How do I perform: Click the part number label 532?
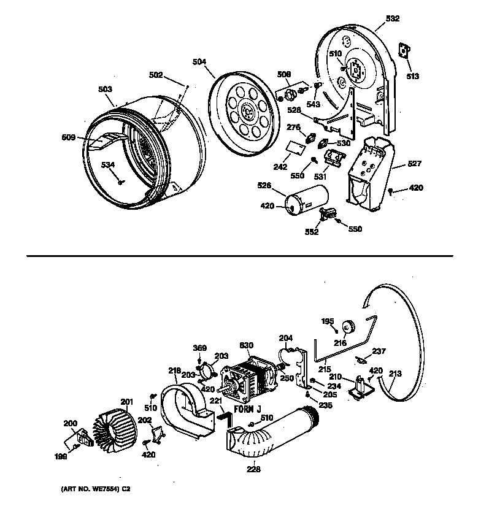click(393, 19)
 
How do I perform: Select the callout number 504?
click(216, 62)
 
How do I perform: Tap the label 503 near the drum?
click(106, 90)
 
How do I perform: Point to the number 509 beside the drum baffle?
click(68, 138)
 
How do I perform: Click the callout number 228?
click(254, 470)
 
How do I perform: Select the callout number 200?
click(71, 423)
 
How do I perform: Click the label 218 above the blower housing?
click(175, 370)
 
